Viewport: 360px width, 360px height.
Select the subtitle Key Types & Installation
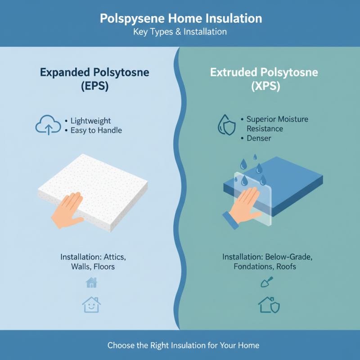click(x=180, y=32)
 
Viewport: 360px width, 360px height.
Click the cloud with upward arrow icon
click(x=48, y=126)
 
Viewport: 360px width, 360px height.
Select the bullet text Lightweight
click(x=90, y=121)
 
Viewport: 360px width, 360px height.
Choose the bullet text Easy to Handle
click(x=96, y=130)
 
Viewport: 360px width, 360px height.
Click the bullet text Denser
click(x=260, y=138)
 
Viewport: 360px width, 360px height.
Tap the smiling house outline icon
click(x=91, y=305)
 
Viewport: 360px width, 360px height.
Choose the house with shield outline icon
click(x=269, y=305)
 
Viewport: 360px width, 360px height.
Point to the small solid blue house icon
click(x=91, y=283)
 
